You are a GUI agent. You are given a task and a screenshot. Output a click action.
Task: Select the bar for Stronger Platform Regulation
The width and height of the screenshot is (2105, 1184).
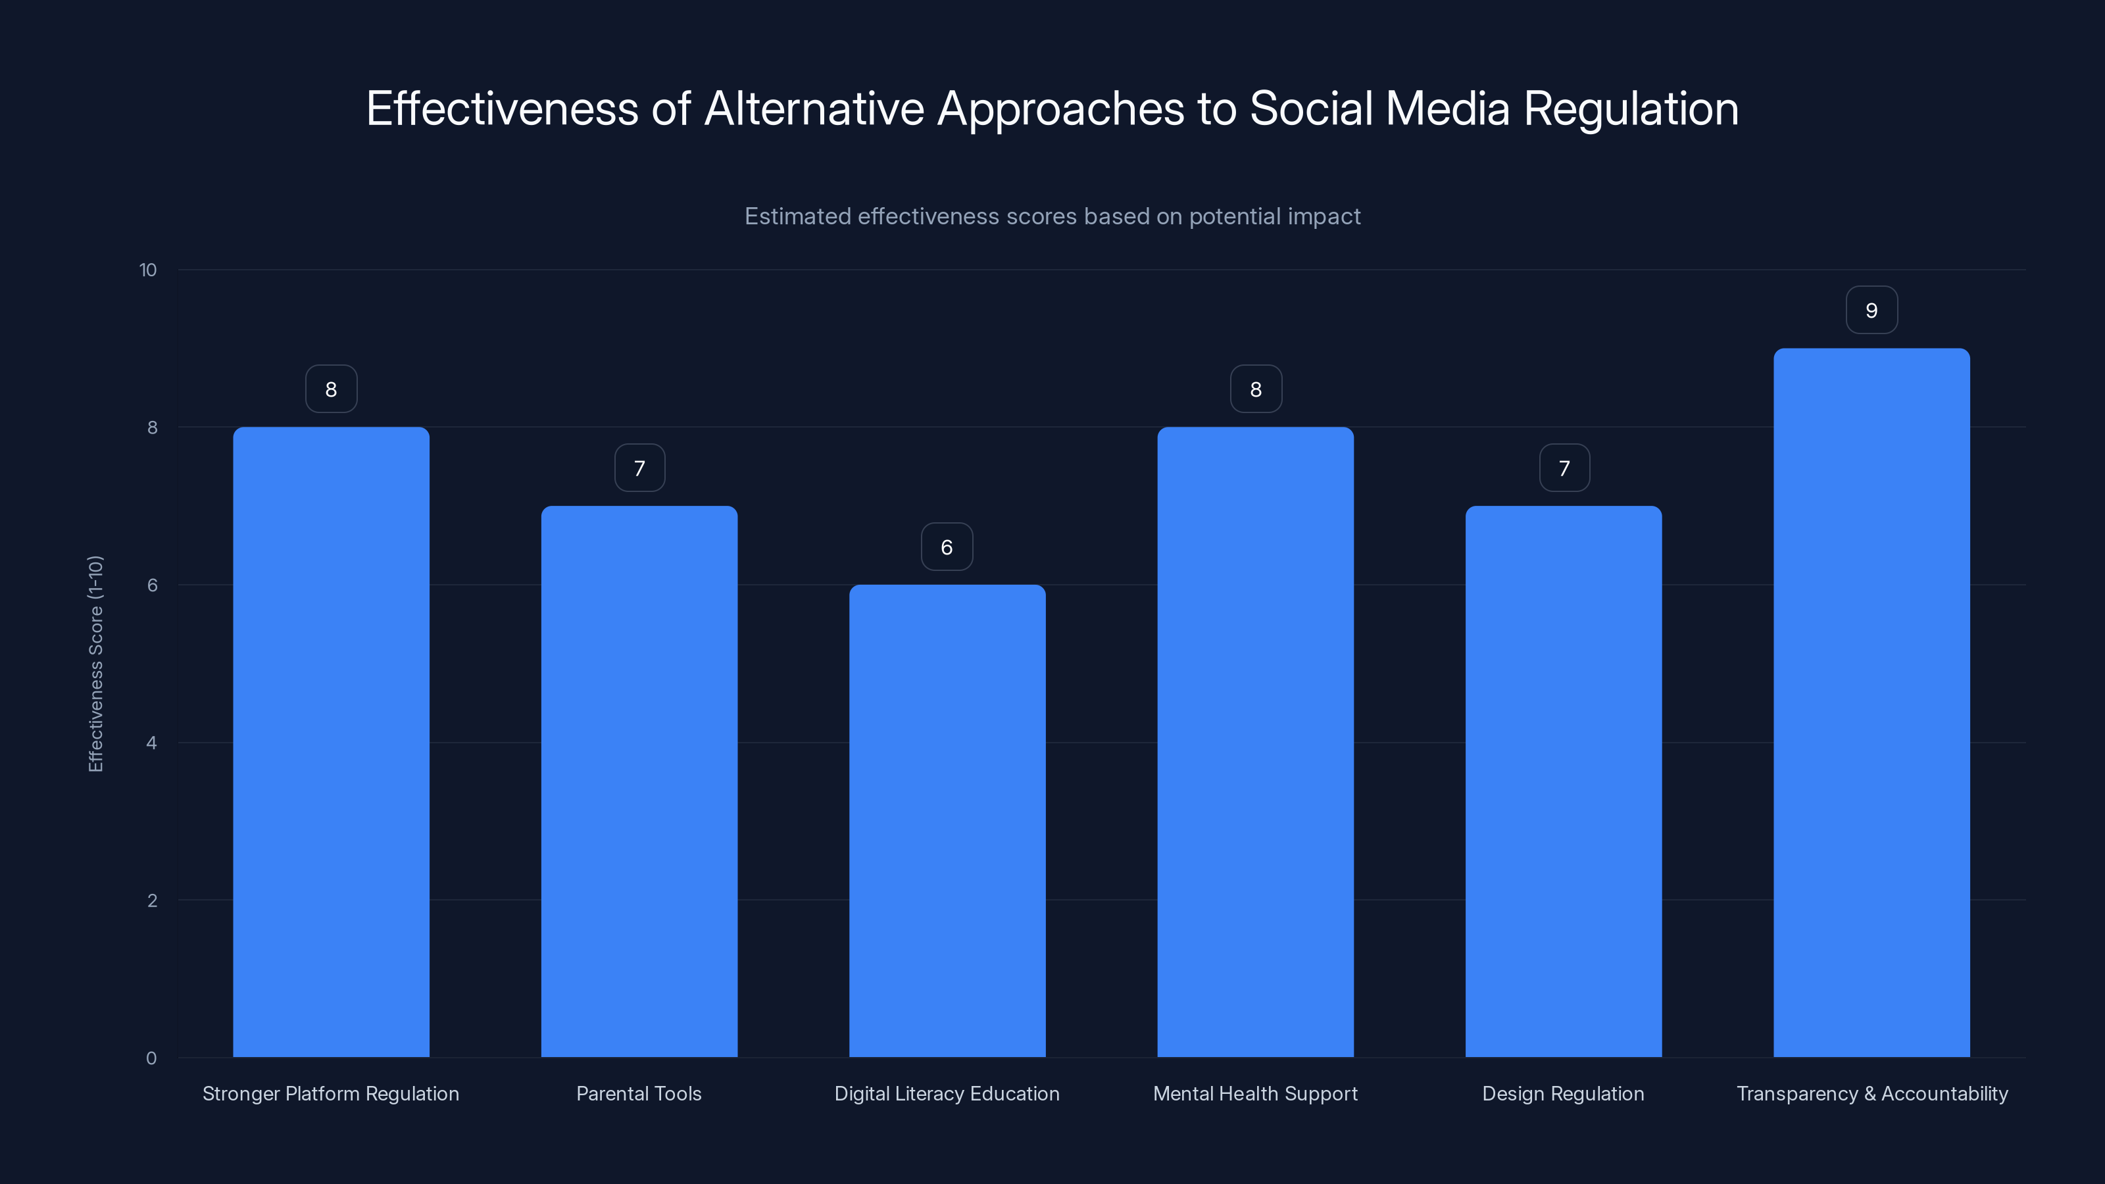pos(331,741)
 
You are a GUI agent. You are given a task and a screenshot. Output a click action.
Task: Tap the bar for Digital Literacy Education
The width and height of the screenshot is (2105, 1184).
pos(947,820)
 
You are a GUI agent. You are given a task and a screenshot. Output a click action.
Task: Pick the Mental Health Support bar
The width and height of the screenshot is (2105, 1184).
pos(1255,741)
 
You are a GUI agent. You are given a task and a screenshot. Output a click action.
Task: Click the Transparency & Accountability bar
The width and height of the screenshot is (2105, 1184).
pos(1871,702)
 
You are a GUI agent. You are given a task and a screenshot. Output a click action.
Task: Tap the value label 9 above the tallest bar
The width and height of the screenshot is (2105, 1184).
pos(1871,310)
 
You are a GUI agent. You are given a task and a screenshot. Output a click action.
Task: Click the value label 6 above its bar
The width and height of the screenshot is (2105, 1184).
pos(947,547)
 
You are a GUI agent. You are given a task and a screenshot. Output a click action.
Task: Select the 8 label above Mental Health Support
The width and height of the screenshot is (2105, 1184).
pos(1256,390)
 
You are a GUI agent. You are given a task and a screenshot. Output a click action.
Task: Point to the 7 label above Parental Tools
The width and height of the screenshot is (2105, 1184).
pos(639,468)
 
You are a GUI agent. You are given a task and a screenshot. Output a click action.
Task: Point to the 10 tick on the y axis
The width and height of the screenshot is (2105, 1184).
pos(148,270)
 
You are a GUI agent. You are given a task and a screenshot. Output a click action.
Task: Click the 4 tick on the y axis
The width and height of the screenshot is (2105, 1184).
pos(151,743)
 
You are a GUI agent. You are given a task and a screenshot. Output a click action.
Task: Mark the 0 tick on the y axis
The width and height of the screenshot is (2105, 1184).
pos(151,1058)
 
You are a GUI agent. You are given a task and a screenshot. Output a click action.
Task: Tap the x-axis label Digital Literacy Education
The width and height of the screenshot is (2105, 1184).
pos(947,1093)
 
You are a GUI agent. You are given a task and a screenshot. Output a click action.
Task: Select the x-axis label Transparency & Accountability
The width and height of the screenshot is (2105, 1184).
pos(1871,1093)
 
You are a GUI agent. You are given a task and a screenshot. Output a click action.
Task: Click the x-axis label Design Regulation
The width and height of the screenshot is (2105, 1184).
pos(1562,1093)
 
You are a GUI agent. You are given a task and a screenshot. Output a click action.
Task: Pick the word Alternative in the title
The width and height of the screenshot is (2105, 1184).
pos(813,109)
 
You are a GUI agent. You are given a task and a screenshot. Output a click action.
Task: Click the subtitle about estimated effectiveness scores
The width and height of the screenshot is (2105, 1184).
pos(1052,216)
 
